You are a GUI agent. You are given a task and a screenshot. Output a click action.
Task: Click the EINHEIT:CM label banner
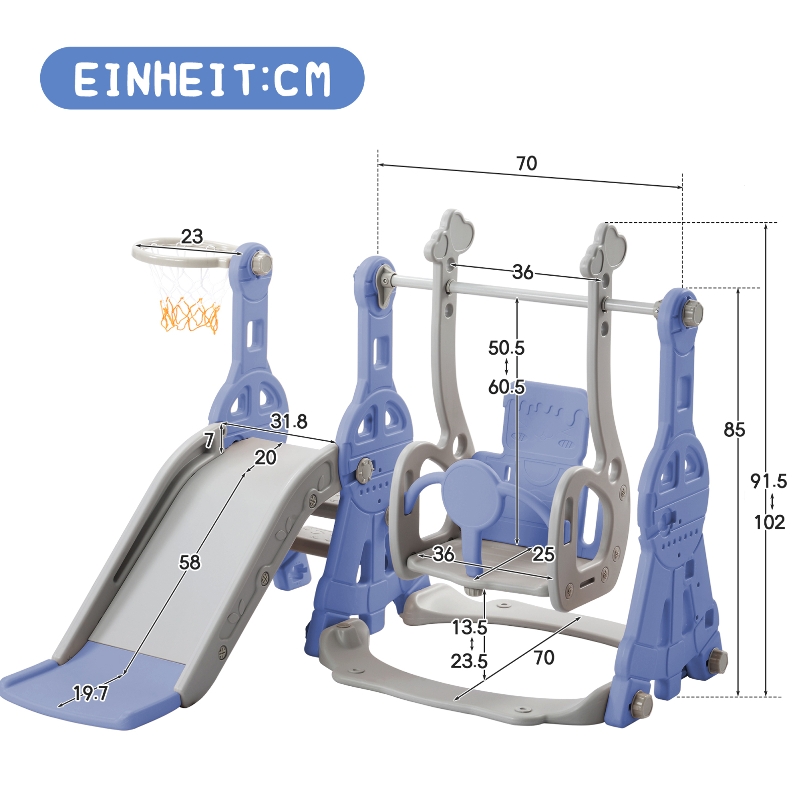point(202,78)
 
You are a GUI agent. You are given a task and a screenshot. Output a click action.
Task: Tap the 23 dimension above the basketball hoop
point(192,236)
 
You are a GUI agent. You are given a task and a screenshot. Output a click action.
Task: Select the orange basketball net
point(190,314)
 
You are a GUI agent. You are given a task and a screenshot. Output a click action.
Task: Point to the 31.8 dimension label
point(289,421)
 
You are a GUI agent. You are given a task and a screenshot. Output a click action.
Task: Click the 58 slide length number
point(190,562)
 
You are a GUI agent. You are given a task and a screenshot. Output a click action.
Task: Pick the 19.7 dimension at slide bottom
point(91,693)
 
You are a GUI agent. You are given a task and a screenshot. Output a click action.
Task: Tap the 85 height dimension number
point(734,430)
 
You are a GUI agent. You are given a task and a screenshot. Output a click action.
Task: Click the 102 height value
point(769,522)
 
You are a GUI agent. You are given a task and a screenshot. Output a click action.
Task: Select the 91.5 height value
point(769,481)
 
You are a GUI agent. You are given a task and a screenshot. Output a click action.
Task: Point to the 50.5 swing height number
point(506,348)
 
